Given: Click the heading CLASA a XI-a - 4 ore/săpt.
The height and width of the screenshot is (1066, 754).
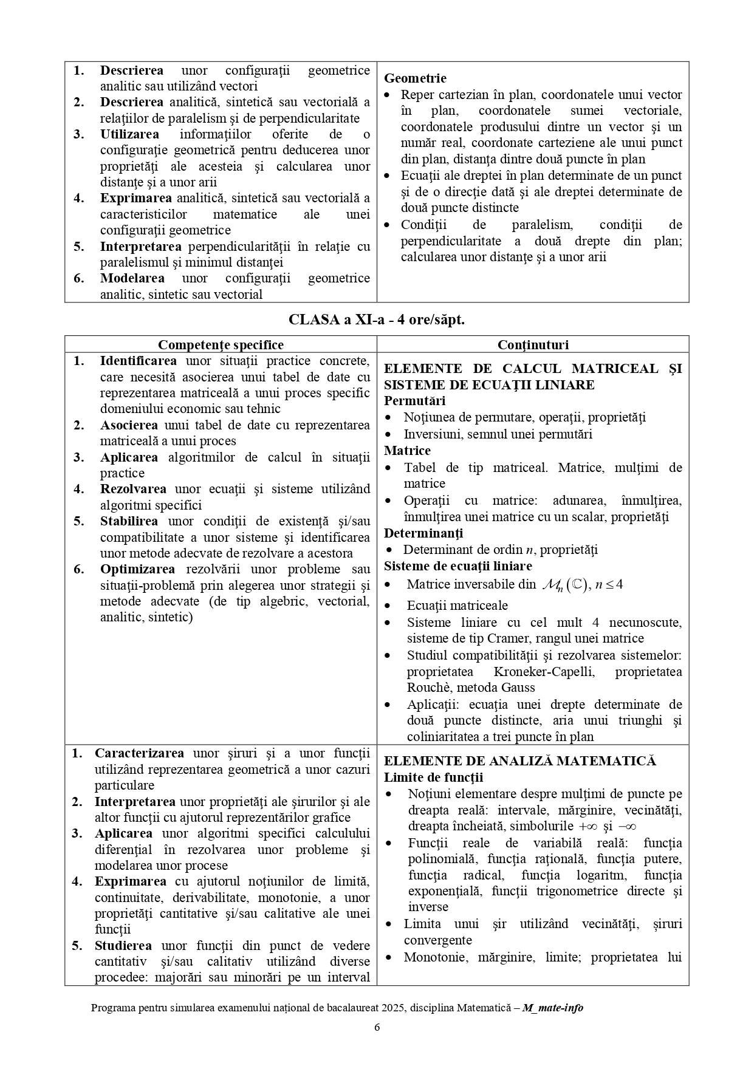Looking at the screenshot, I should tap(377, 319).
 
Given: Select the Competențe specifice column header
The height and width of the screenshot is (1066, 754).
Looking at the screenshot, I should tap(221, 345).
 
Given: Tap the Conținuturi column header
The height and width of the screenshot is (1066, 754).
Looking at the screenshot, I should tap(533, 345).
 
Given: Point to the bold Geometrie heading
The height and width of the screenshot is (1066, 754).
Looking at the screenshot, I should tap(415, 78).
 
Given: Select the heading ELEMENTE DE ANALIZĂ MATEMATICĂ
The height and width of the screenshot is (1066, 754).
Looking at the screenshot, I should tap(520, 761).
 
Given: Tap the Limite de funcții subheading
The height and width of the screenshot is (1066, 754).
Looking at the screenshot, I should tap(433, 777).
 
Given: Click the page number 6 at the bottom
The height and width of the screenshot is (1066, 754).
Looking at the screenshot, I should tap(377, 1028).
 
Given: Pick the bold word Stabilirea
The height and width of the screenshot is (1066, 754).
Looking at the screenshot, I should tap(129, 521).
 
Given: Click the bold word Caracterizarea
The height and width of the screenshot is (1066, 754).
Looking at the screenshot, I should tap(139, 753).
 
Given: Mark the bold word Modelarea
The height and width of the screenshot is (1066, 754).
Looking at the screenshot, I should tap(132, 278).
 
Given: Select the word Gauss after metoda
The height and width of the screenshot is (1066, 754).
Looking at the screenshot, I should tap(519, 688).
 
